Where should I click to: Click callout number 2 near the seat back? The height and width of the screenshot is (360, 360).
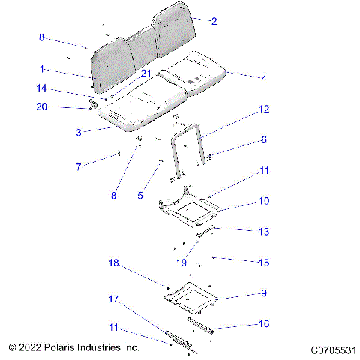pyautogui.click(x=214, y=22)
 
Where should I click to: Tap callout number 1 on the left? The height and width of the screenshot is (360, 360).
pyautogui.click(x=43, y=68)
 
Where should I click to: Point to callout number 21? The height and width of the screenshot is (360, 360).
pyautogui.click(x=146, y=73)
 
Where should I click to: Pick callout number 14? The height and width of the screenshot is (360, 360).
pyautogui.click(x=43, y=88)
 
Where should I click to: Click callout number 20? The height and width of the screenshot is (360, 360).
pyautogui.click(x=42, y=107)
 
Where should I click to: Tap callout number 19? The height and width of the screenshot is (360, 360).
pyautogui.click(x=181, y=262)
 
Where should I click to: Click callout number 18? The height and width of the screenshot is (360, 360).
pyautogui.click(x=114, y=263)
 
